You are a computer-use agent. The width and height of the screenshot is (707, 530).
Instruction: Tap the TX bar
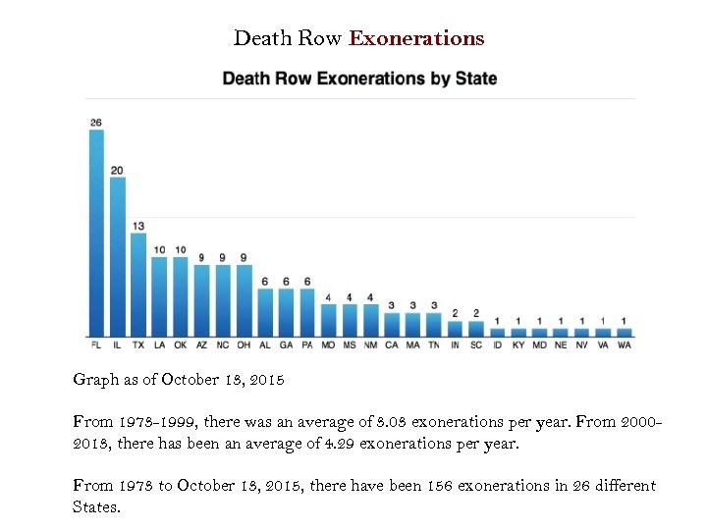coord(138,285)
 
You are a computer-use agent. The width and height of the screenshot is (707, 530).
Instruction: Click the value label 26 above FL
coord(96,123)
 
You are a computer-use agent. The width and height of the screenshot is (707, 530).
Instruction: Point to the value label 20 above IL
coord(118,170)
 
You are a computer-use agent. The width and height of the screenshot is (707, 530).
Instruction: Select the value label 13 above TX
coord(138,226)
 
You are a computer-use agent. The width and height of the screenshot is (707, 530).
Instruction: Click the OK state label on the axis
coord(181,345)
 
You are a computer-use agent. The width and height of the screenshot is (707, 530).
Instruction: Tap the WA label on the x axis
coord(625,345)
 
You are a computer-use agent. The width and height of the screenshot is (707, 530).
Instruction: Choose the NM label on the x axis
coord(370,345)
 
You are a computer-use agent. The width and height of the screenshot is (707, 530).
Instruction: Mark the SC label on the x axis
coord(476,345)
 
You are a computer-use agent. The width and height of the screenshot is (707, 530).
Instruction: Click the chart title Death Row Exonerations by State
coord(359,79)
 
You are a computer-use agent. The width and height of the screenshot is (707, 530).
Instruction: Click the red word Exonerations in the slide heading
coord(416,39)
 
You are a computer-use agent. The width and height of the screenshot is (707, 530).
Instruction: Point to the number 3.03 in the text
coord(384,421)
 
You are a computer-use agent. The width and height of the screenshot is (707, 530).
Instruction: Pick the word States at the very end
coord(95,507)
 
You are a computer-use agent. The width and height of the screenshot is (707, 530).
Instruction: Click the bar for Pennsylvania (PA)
coord(307,312)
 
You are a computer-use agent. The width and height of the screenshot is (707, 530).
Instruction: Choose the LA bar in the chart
coord(159,296)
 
